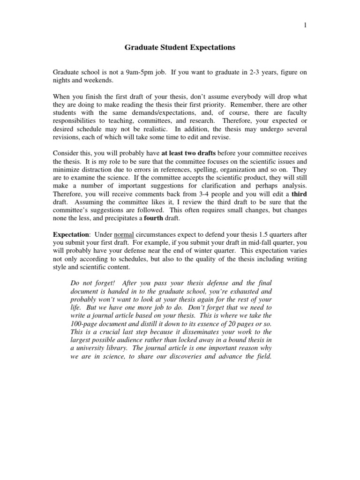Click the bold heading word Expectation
pos(70,235)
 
